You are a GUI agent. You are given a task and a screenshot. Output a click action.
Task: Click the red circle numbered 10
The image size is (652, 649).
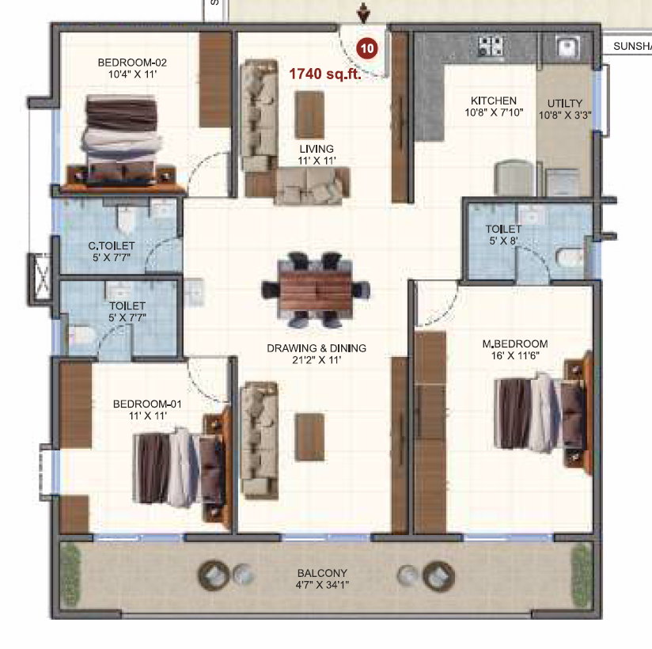tap(367, 48)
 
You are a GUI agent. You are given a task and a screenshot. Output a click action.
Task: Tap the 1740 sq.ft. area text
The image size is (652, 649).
tap(324, 74)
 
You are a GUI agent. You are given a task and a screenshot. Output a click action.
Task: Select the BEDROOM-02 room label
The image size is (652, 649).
tap(132, 63)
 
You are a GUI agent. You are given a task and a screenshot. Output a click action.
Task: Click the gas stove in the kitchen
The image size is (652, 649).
tap(491, 46)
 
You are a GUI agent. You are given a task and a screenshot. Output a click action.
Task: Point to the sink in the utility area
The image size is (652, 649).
tap(567, 46)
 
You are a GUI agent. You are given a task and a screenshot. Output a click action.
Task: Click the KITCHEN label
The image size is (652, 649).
tap(494, 101)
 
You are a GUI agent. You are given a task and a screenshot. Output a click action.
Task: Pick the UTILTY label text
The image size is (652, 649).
tap(565, 103)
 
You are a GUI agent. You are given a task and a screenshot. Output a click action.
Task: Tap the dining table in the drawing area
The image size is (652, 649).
tap(316, 290)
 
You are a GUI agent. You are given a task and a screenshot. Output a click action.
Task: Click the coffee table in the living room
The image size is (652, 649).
tap(309, 115)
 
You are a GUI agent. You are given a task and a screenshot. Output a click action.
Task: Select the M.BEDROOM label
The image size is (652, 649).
tap(515, 344)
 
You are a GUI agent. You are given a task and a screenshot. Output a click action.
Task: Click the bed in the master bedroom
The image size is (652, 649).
tap(543, 412)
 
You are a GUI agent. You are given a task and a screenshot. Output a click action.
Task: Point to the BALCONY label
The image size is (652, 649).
tap(322, 573)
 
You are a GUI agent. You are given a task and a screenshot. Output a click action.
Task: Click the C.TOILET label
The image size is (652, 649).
tap(112, 246)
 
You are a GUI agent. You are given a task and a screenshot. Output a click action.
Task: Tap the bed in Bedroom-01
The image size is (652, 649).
tap(182, 467)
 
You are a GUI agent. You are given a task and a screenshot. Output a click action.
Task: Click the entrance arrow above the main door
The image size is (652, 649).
tap(363, 13)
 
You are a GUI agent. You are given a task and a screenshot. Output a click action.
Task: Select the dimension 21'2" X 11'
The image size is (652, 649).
tap(317, 360)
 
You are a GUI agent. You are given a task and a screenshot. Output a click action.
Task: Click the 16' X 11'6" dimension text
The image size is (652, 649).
tap(515, 355)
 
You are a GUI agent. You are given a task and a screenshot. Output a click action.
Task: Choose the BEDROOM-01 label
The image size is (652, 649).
tap(147, 404)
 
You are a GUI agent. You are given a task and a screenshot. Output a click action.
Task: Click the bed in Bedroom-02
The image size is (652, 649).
tap(122, 142)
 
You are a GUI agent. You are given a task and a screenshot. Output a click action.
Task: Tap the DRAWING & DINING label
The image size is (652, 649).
tap(317, 348)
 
